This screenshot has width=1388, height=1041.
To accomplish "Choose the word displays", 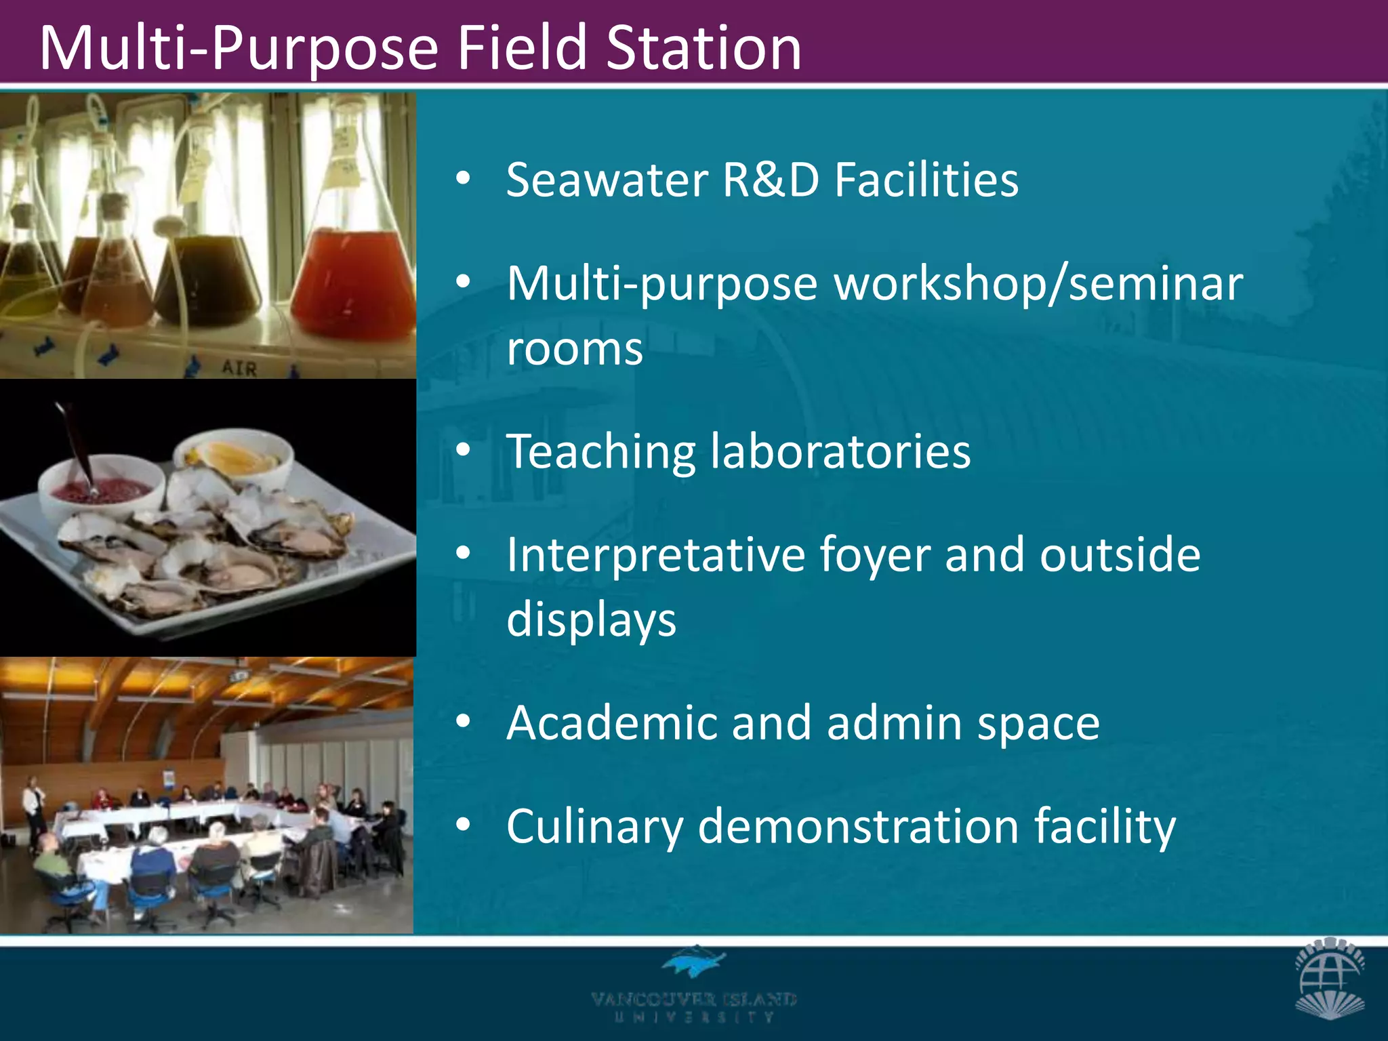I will tap(591, 619).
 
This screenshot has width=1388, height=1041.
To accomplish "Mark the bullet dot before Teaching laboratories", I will tap(463, 450).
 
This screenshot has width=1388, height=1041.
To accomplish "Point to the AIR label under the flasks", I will tap(240, 368).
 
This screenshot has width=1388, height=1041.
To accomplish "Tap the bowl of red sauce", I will tap(102, 489).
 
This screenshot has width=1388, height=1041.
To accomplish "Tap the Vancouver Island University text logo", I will tap(694, 1006).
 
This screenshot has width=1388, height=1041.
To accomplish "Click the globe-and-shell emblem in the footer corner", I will tap(1330, 977).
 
